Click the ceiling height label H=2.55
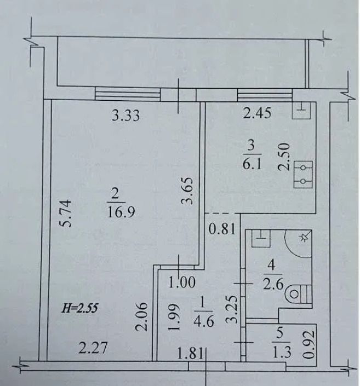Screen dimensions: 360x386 tap(79, 308)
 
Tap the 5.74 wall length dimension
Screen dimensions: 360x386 tap(66, 214)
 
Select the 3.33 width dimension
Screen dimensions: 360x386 tap(125, 115)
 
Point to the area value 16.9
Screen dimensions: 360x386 tap(121, 212)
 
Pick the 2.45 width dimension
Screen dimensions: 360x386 tap(257, 113)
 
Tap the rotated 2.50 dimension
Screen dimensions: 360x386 tap(283, 157)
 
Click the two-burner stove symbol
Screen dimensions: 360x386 tap(303, 175)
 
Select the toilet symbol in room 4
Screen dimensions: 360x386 tap(299, 294)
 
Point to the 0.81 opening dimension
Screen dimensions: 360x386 tap(222, 229)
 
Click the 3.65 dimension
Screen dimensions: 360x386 tap(186, 191)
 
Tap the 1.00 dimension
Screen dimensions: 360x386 tap(182, 282)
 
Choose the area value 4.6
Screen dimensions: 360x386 tap(203, 321)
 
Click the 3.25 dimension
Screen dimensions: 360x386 tap(232, 309)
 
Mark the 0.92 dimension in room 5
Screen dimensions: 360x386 tap(309, 344)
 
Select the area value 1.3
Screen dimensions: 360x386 tap(282, 353)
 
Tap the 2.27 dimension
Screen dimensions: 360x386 tap(93, 348)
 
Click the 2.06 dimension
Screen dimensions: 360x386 tap(141, 316)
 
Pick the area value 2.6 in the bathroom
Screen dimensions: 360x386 tap(273, 285)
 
